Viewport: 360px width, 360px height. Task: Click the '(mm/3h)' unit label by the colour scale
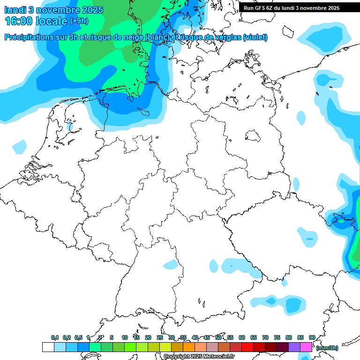pyautogui.click(x=327, y=348)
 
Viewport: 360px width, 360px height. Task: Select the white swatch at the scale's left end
pyautogui.click(x=48, y=347)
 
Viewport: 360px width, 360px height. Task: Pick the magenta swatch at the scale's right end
pyautogui.click(x=306, y=347)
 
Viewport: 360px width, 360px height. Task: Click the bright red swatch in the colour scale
pyautogui.click(x=247, y=347)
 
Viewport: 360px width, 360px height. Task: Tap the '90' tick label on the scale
pyautogui.click(x=312, y=337)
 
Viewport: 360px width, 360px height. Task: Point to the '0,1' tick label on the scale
pyautogui.click(x=55, y=337)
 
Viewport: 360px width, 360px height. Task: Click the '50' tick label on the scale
pyautogui.click(x=218, y=337)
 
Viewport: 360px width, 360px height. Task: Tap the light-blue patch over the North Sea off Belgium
pyautogui.click(x=20, y=147)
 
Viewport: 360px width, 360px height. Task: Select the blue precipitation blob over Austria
pyautogui.click(x=294, y=306)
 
